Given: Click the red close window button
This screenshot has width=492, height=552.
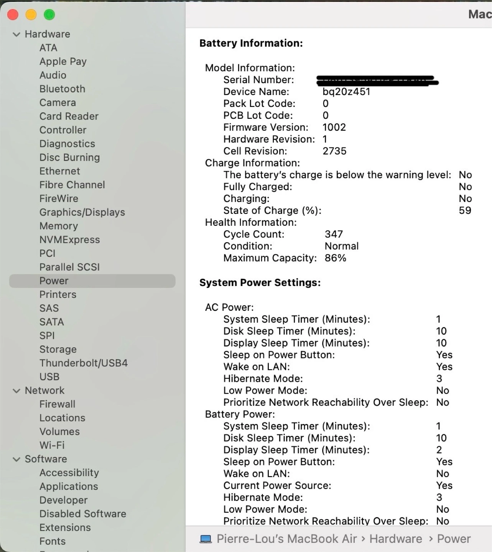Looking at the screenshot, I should pos(13,15).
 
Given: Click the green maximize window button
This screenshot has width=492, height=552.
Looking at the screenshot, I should pos(49,15).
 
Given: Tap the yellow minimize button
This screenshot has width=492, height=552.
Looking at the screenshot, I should pos(31,15).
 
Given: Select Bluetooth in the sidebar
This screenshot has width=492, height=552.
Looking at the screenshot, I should pos(62,89).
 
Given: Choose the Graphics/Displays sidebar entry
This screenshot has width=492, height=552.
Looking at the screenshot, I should pos(82,212).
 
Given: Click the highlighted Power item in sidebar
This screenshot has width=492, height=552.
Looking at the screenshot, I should pos(54,281).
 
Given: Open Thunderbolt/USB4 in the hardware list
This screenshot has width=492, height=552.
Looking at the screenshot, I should pos(83,363).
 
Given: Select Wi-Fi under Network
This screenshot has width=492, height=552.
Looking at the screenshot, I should pos(52,445).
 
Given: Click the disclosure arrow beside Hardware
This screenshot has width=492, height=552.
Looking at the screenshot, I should pos(16,34).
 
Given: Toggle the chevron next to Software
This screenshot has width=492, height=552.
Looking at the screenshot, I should pos(16,459).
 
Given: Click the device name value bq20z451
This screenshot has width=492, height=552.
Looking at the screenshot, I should pos(346,92).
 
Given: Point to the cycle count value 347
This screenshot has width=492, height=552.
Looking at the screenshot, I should pos(334,234).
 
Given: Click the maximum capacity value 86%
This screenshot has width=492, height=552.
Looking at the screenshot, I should pos(335,258).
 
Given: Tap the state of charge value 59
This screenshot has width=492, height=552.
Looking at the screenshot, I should pos(465,210).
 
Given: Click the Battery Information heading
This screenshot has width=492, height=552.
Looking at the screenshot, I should pos(251,43).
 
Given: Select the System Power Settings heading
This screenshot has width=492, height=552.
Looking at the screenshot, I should pos(260,283).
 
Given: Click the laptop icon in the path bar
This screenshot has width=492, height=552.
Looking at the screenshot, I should pos(206,539).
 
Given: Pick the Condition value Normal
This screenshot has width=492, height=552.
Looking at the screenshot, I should pos(341,246).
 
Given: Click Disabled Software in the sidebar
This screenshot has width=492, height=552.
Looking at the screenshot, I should pos(82,514).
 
